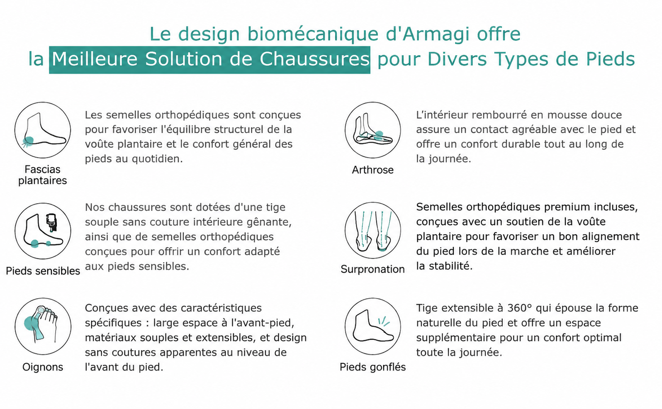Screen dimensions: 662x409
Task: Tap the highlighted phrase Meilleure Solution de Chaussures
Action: [x=210, y=59]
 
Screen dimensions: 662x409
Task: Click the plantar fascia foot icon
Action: [x=43, y=130]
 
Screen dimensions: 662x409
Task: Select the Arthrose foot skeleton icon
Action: [x=372, y=130]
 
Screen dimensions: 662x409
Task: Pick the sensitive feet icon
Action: [x=43, y=231]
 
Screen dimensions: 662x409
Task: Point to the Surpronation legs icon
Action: [x=372, y=231]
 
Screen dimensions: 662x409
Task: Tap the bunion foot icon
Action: [x=43, y=326]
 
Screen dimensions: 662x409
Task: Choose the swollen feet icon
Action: [x=372, y=326]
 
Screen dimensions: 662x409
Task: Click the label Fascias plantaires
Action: [x=43, y=175]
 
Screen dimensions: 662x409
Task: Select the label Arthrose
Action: [x=372, y=170]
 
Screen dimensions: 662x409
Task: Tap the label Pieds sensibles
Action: [x=43, y=271]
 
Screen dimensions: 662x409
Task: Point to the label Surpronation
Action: [x=372, y=270]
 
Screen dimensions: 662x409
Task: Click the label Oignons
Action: [x=43, y=368]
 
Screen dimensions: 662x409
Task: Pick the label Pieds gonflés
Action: [x=372, y=367]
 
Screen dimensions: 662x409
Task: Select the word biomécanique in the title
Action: [x=313, y=34]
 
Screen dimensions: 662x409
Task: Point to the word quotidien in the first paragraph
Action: [x=157, y=159]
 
